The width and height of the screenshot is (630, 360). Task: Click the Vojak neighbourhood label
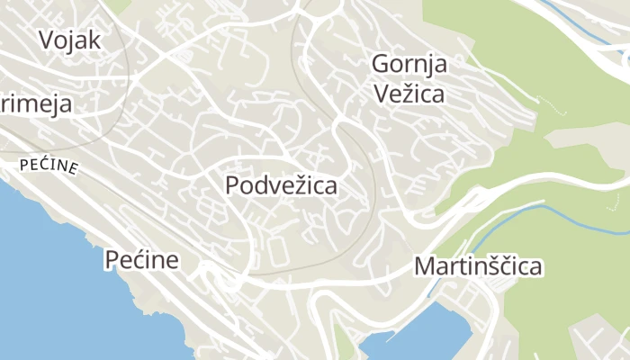[x=69, y=40]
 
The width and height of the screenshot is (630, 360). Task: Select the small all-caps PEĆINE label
[x=49, y=166]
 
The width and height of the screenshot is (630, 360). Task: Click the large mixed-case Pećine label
[x=141, y=261]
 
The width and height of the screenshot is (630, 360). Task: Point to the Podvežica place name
[x=282, y=186]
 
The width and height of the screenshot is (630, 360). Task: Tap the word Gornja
[x=409, y=65]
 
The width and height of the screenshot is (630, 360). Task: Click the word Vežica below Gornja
[x=409, y=93]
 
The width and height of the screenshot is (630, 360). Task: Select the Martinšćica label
[x=478, y=266]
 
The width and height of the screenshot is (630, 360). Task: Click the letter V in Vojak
[x=47, y=40]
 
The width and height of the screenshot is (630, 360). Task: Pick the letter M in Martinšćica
[x=423, y=266]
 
